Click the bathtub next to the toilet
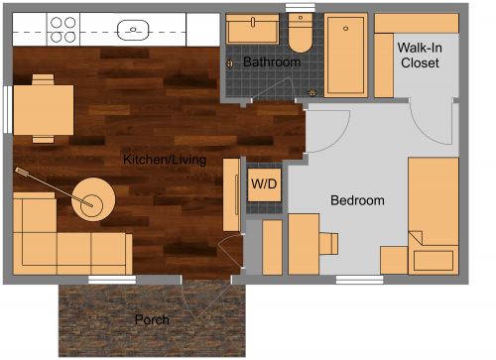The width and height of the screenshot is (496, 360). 345,55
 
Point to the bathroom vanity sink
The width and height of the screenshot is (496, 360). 252,29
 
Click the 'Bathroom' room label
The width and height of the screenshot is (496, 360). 272,62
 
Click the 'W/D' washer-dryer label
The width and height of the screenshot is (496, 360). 263,183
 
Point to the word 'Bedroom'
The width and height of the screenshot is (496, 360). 356,200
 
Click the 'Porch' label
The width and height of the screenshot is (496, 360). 152,320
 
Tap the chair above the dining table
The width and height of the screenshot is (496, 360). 42,78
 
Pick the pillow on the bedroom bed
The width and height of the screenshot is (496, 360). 434,261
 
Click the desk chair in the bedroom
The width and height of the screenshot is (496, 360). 327,243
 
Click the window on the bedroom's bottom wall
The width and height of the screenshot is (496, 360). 358,280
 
